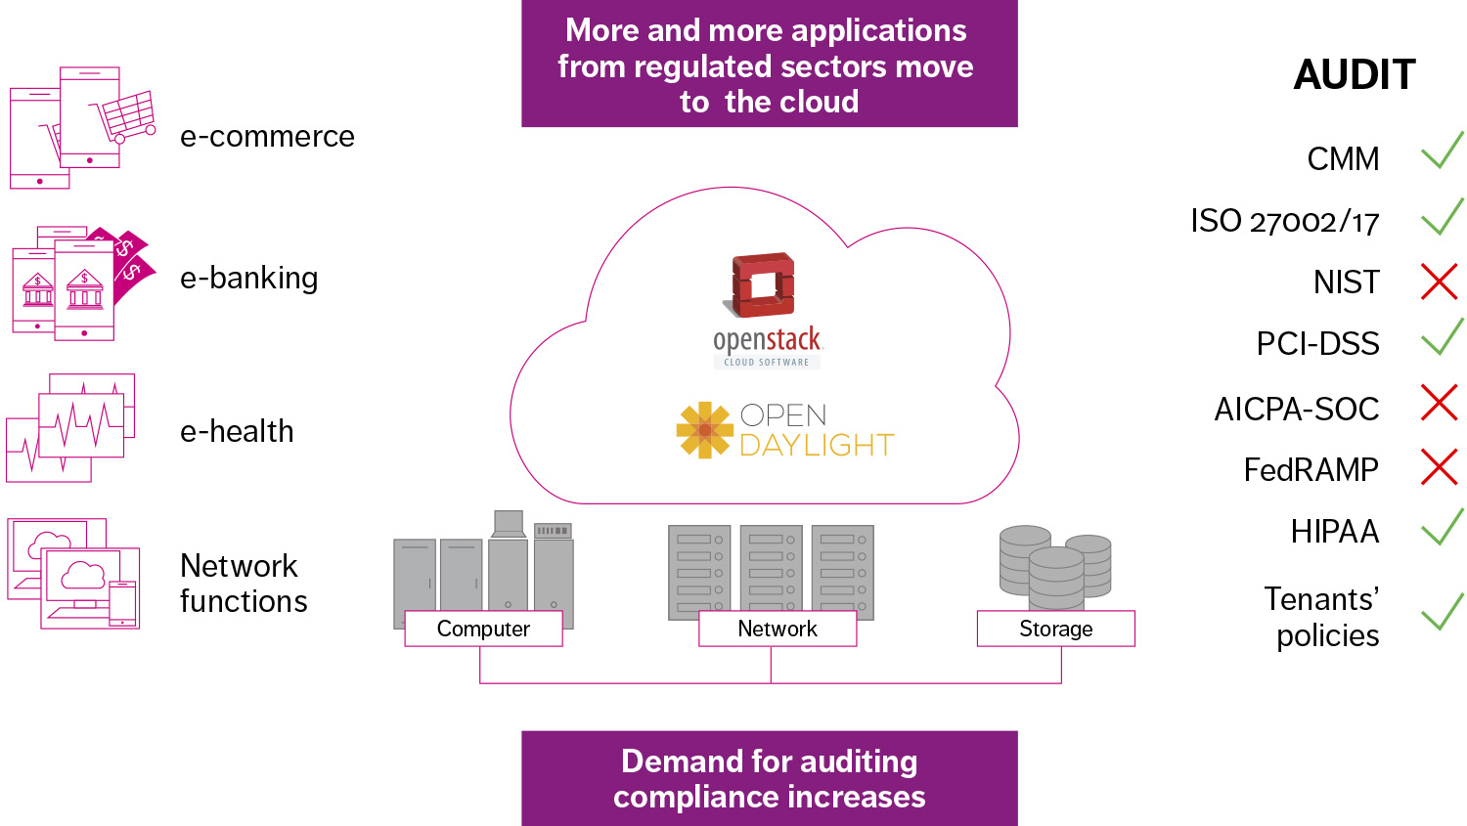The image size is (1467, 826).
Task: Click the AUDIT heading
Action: click(1355, 75)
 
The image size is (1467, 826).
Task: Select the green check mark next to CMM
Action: click(1442, 151)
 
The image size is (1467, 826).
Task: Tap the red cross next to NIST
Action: click(1439, 282)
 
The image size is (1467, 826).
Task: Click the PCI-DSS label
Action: click(1317, 344)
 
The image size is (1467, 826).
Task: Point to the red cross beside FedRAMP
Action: click(1439, 467)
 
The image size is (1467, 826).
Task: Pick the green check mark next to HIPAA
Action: click(1442, 528)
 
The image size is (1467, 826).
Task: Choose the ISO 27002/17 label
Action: click(1284, 222)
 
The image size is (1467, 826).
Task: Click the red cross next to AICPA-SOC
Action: click(1439, 403)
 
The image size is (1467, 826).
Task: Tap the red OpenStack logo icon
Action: click(764, 284)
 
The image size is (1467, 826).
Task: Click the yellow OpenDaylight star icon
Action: click(704, 430)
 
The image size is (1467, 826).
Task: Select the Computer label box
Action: click(483, 629)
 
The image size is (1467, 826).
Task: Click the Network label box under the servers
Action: click(778, 629)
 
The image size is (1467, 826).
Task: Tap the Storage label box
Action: click(1056, 629)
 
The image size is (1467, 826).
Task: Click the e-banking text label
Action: click(248, 279)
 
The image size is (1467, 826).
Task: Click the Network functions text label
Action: click(244, 584)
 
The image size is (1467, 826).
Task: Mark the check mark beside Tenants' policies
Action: click(1442, 613)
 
